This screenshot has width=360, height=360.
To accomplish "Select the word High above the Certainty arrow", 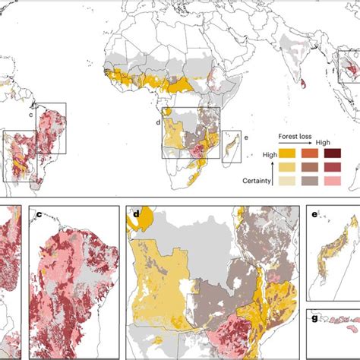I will [270, 154].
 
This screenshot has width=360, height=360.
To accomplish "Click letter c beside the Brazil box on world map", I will [30, 115].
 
